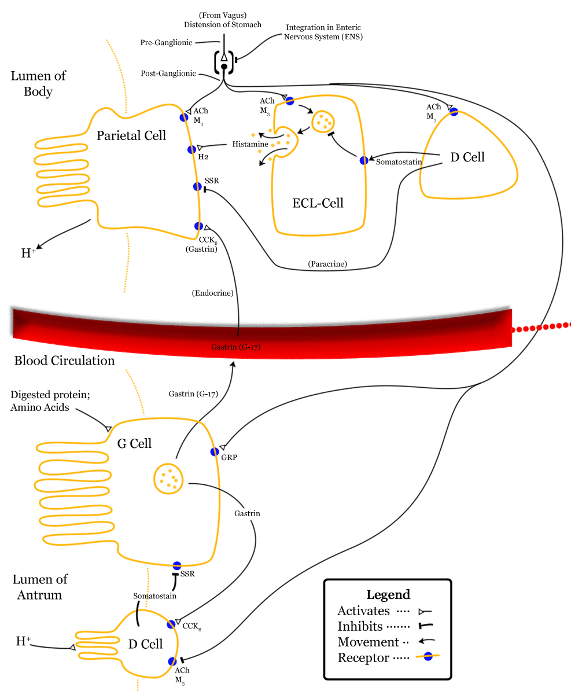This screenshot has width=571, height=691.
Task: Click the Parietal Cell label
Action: click(x=131, y=135)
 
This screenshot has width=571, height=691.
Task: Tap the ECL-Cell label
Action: click(x=318, y=203)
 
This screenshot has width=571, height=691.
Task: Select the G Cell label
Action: click(x=134, y=444)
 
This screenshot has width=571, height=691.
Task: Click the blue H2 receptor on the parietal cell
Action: click(x=192, y=149)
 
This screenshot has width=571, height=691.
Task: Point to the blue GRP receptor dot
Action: click(x=215, y=451)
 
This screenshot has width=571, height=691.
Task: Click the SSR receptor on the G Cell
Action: click(x=177, y=565)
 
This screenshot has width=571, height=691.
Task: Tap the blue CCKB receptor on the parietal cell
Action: click(x=198, y=226)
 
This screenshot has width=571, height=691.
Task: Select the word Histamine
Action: click(x=250, y=144)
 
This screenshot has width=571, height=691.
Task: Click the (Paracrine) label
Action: click(x=327, y=264)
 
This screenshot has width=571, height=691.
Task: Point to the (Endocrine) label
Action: click(x=212, y=293)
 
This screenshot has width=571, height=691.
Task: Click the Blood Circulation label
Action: click(x=64, y=361)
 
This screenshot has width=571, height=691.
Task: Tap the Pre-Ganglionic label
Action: click(x=166, y=43)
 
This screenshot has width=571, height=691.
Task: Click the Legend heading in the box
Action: click(x=388, y=595)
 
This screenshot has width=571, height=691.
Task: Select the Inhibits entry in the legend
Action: click(x=360, y=626)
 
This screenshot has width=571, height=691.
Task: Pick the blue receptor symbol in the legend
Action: click(x=428, y=657)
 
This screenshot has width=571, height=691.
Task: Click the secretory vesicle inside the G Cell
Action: click(x=168, y=479)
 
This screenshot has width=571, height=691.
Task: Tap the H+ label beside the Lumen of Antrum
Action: click(x=24, y=641)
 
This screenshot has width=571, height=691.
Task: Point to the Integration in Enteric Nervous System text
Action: click(x=323, y=32)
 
